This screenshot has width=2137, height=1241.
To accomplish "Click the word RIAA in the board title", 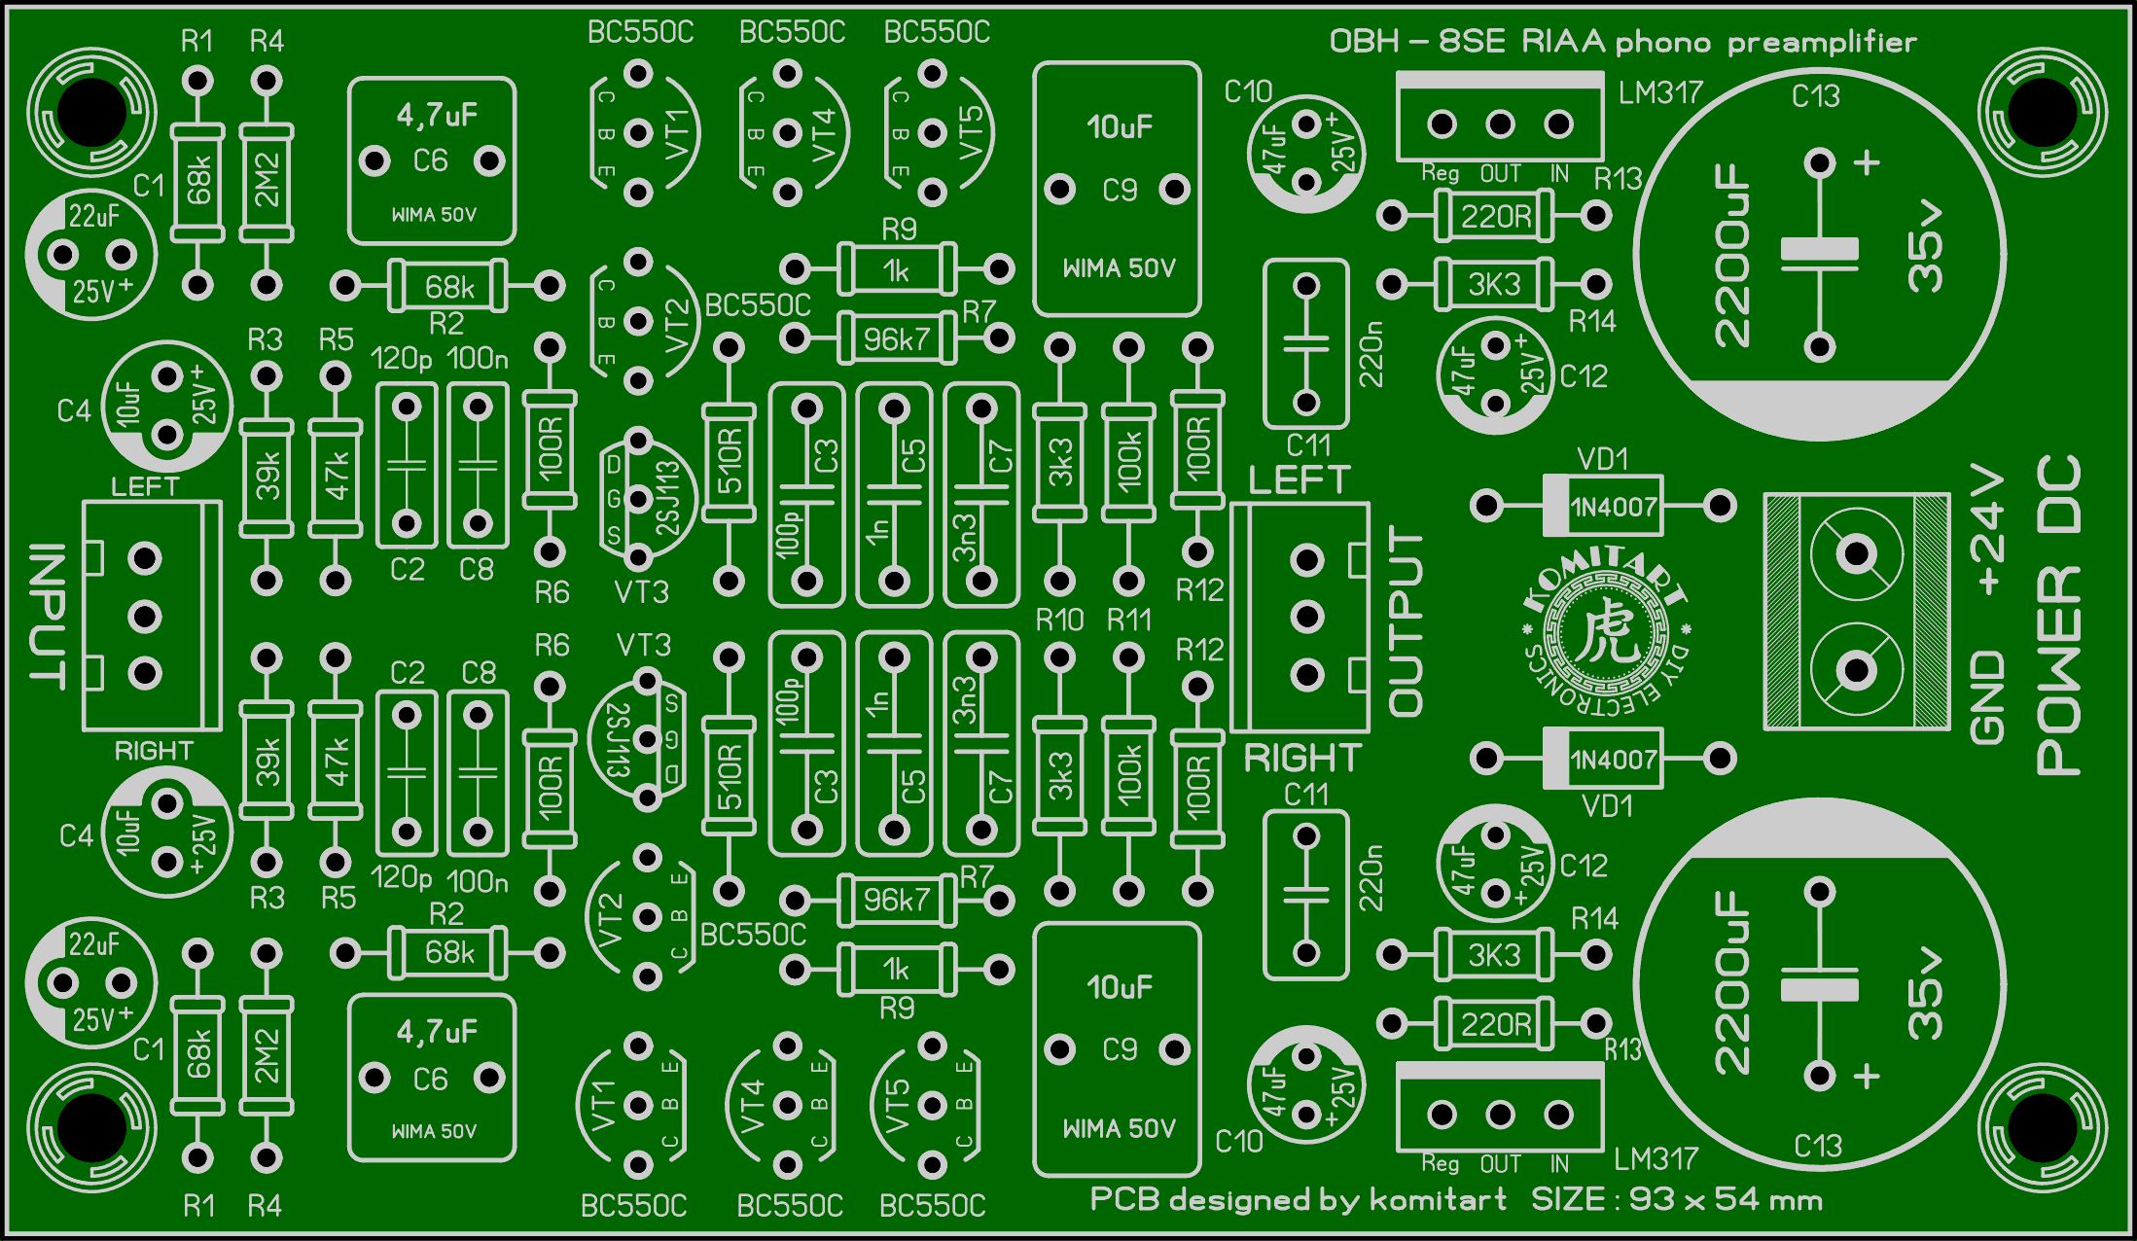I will [1562, 42].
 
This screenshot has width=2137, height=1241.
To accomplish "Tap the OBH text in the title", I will [1364, 42].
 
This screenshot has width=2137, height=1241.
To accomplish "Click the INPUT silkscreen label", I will [46, 616].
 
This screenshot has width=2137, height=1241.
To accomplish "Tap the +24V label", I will [1986, 530].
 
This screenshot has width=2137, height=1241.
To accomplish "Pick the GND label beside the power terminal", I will [1986, 697].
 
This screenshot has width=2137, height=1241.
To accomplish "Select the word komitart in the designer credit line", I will [1438, 1199].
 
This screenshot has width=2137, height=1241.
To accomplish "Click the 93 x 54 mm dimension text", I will [1726, 1199].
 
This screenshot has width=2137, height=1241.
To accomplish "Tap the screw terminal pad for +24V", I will [1856, 554].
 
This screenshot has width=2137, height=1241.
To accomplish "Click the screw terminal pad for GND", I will [1856, 670].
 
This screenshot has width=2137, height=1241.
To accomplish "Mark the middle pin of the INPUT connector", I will [145, 616].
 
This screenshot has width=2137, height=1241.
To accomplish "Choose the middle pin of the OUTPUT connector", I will [1306, 617].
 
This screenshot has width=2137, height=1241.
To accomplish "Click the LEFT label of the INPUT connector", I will [145, 486].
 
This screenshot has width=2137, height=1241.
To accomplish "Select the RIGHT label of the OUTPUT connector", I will [1302, 758].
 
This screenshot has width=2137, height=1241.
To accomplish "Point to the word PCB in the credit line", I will [1124, 1199].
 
